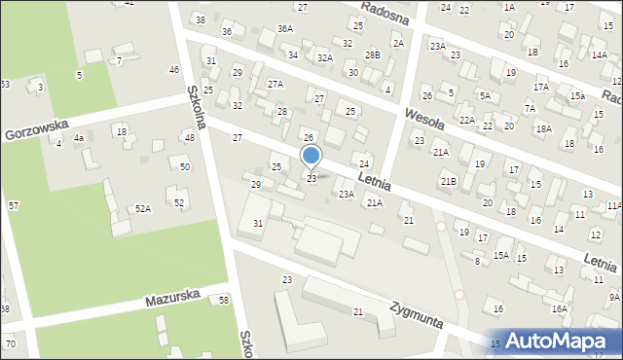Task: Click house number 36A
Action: coord(284,29)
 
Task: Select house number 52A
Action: coord(143,208)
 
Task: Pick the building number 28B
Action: coord(373,55)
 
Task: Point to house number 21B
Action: coord(448,181)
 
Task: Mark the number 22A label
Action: coord(467,120)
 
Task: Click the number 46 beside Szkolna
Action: coord(174,69)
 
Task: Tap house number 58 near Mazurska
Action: coord(224,300)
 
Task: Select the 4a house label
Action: coord(80,138)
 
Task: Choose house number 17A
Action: coord(540,88)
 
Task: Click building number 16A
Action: coord(559,308)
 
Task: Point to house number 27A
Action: coord(275,85)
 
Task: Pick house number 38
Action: coord(201,19)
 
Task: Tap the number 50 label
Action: coord(185,167)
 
